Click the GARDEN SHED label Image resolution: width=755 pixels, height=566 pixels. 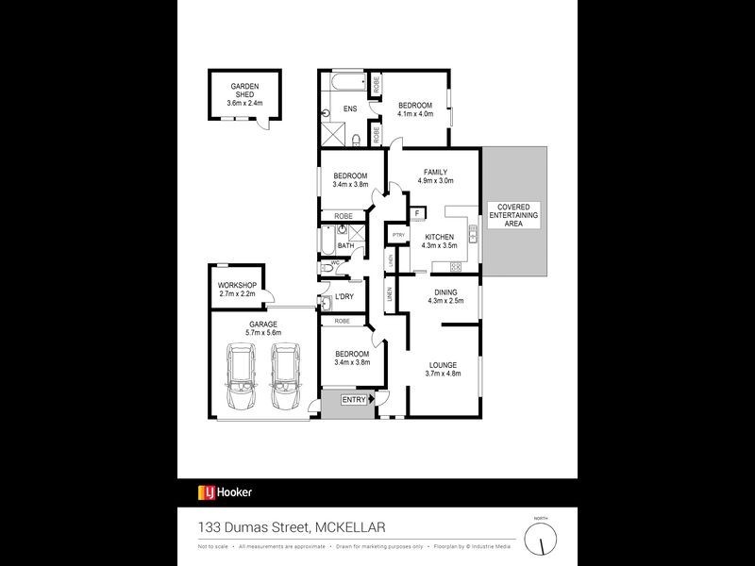(x=244, y=90)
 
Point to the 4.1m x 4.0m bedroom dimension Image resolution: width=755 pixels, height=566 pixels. (x=415, y=114)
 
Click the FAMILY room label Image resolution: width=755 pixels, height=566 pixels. (x=435, y=172)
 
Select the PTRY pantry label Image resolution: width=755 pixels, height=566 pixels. (x=398, y=236)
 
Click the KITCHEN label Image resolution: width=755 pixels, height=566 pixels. (x=439, y=237)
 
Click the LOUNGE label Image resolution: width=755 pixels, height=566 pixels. (x=443, y=364)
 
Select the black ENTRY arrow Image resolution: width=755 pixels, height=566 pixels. (x=372, y=400)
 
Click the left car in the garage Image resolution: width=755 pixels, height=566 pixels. (x=240, y=377)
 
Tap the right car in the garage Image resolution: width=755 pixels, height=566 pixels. (x=285, y=377)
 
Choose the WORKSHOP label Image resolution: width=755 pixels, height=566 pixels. (x=237, y=285)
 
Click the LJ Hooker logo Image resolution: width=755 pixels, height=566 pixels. (x=225, y=491)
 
